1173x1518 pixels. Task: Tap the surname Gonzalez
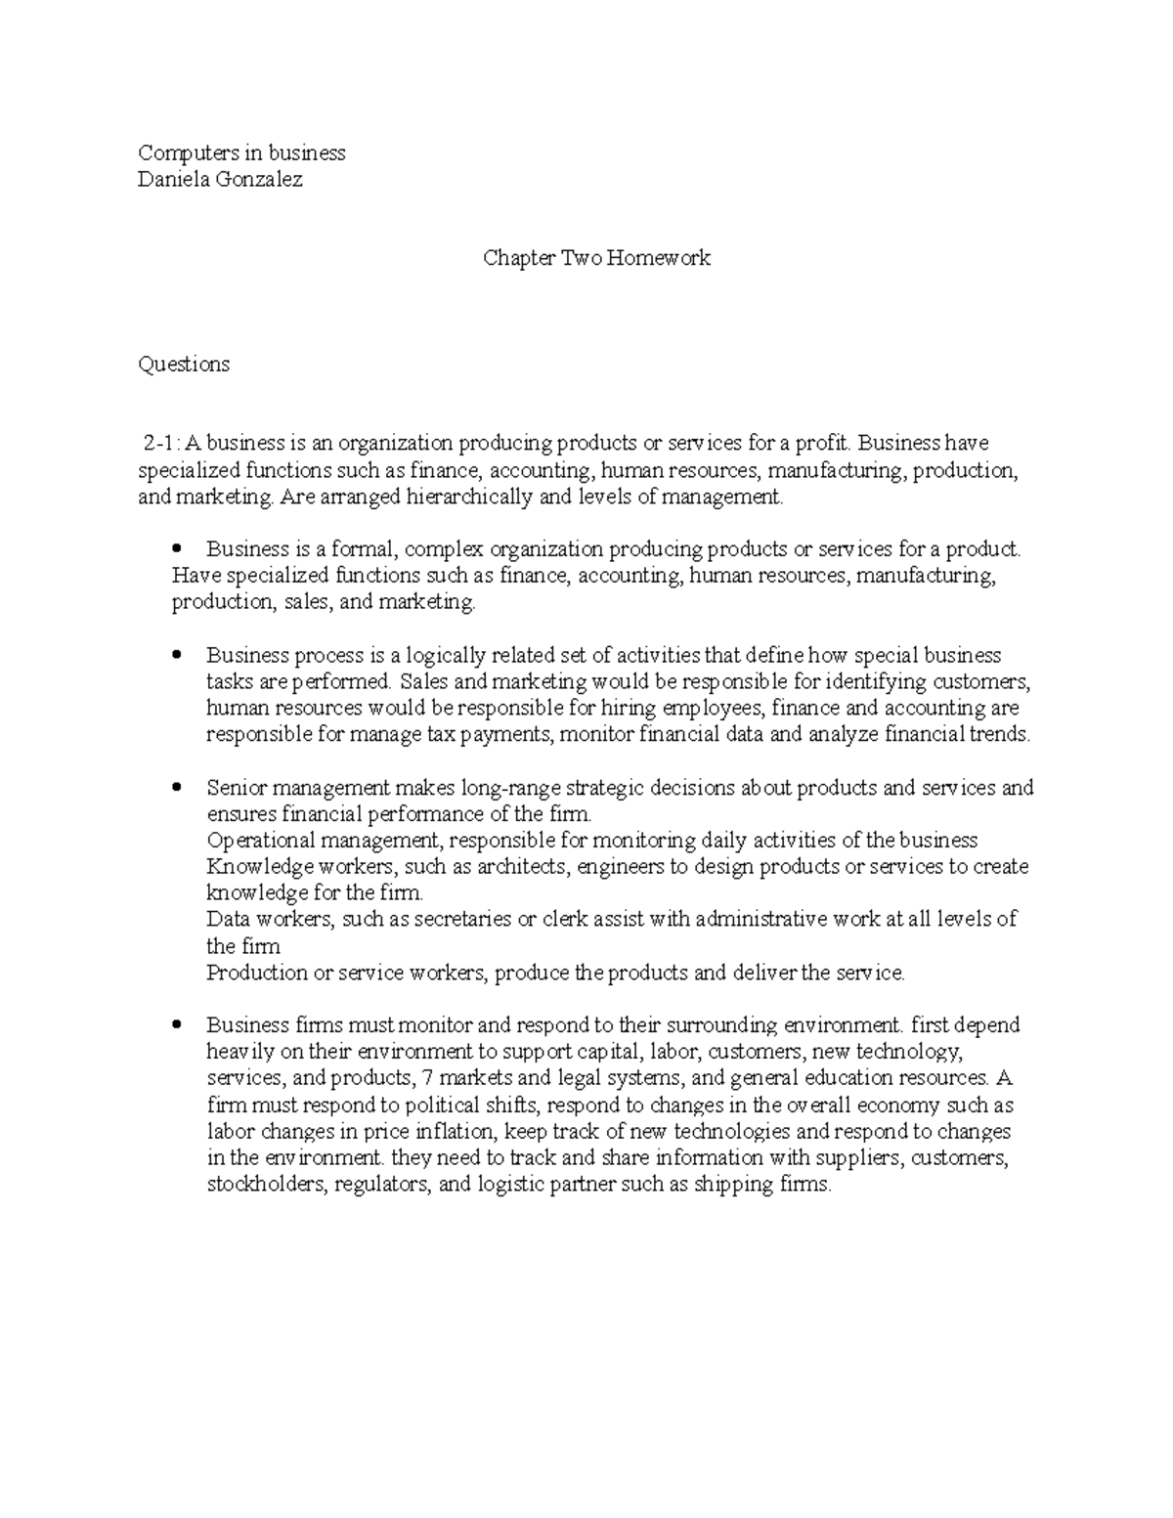point(259,180)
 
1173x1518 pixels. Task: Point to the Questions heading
point(184,365)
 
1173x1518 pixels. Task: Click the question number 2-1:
point(162,444)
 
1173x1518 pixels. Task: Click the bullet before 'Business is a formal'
point(177,550)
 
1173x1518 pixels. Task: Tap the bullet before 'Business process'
point(177,656)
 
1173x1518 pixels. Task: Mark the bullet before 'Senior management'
point(177,788)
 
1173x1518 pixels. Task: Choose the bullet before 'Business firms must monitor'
point(177,1025)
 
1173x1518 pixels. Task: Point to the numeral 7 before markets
point(421,1078)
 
